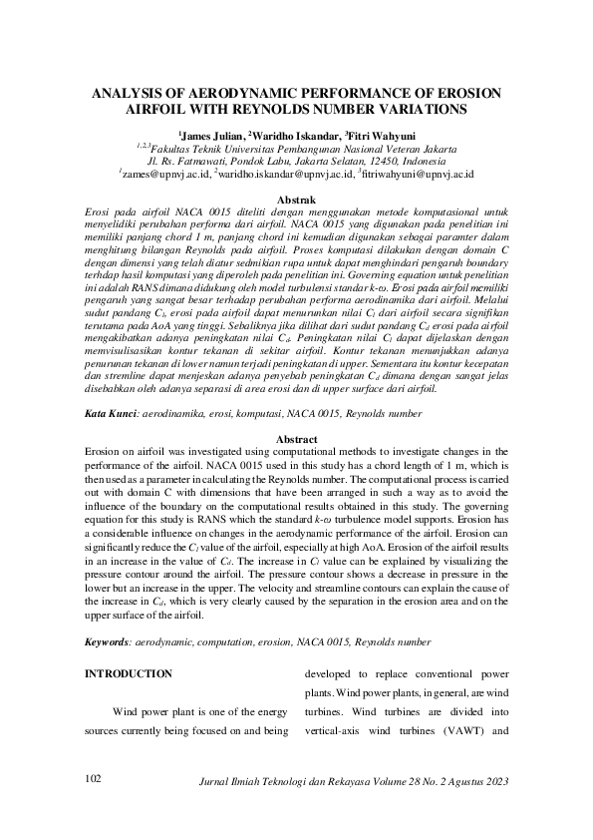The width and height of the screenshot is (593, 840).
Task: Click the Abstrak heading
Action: (x=295, y=201)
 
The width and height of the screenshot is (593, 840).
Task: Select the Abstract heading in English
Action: (x=295, y=439)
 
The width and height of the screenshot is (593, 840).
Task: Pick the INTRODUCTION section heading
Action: (x=129, y=673)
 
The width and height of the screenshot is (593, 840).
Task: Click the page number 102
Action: (x=94, y=778)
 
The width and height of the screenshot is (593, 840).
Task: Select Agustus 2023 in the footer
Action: (x=480, y=779)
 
